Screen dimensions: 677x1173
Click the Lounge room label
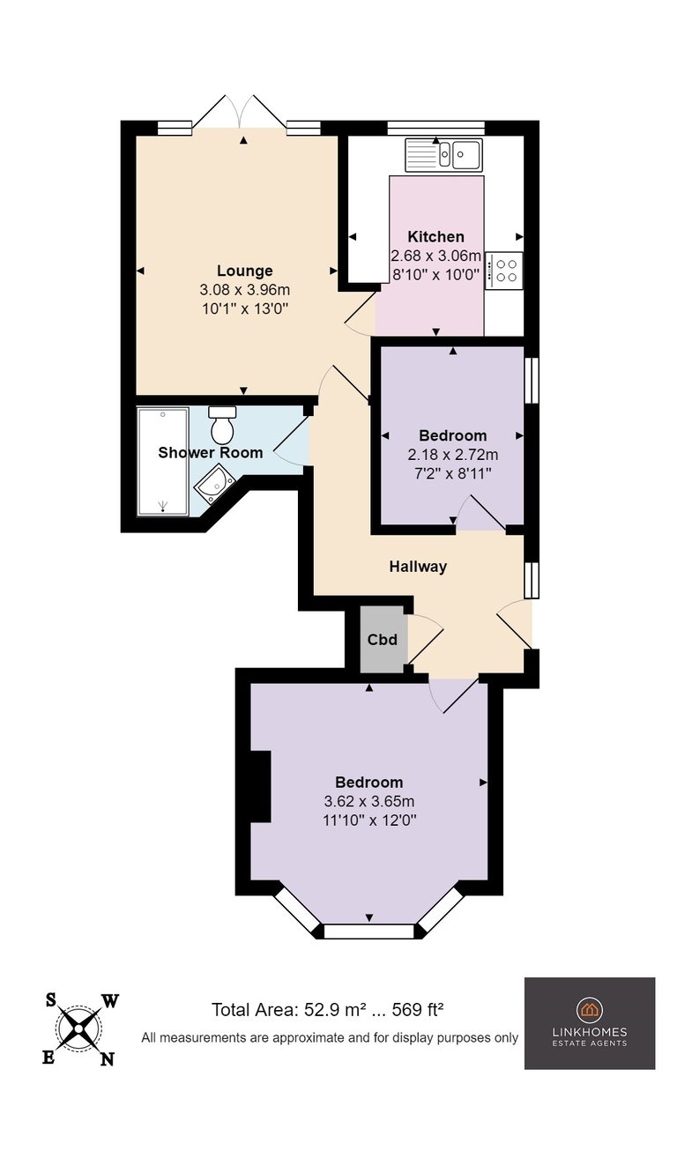click(244, 271)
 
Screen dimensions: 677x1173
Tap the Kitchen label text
click(435, 237)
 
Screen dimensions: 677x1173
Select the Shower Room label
click(211, 452)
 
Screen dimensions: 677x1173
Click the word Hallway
click(418, 566)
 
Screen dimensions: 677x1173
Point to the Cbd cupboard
click(383, 639)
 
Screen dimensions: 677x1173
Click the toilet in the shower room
click(222, 425)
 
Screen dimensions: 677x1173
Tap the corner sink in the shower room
click(214, 486)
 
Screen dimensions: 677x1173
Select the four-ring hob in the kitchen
click(503, 271)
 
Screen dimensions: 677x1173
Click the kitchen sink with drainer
click(443, 155)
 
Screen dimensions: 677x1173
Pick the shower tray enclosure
click(163, 461)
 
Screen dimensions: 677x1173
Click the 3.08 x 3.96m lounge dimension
click(244, 290)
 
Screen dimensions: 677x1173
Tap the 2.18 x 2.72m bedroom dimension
click(453, 455)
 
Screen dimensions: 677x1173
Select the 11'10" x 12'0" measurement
click(369, 820)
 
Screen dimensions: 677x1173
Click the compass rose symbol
click(79, 1029)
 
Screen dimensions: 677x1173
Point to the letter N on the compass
click(107, 1058)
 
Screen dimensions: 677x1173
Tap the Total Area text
click(328, 1009)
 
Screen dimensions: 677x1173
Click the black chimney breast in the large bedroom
click(260, 786)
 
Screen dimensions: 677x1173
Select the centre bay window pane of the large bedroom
click(369, 931)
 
